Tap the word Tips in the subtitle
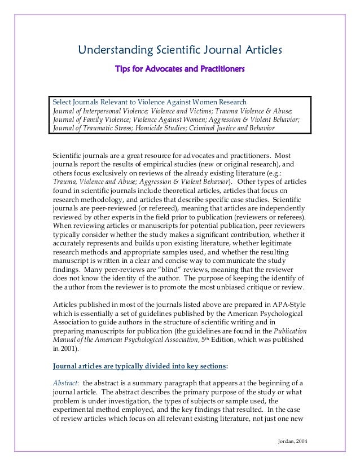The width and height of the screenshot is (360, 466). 124,70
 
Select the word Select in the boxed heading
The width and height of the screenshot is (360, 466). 62,102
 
